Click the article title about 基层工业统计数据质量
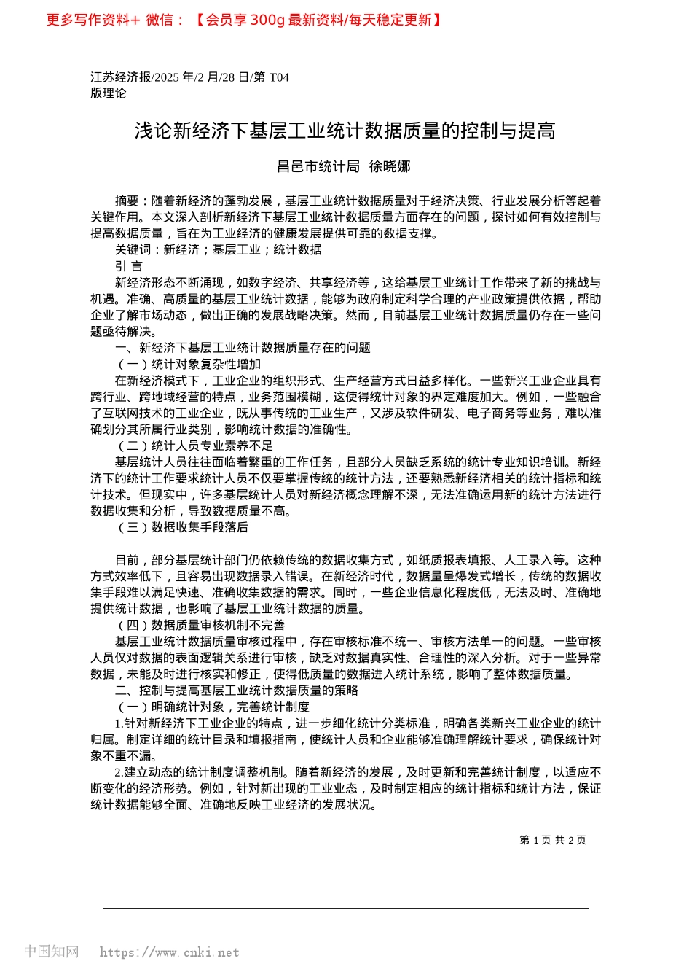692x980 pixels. point(345,131)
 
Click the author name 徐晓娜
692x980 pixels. point(390,167)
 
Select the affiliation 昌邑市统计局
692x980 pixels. point(318,167)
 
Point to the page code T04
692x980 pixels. point(279,77)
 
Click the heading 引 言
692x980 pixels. point(129,266)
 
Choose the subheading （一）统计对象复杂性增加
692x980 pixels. point(188,364)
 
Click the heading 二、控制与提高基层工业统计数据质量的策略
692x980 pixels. point(237,691)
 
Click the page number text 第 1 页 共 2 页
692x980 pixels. point(553,840)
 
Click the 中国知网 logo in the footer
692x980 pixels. point(51,952)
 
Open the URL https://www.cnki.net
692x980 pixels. point(169,952)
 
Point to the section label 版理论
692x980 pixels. point(109,93)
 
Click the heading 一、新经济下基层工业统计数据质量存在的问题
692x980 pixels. point(243,348)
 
